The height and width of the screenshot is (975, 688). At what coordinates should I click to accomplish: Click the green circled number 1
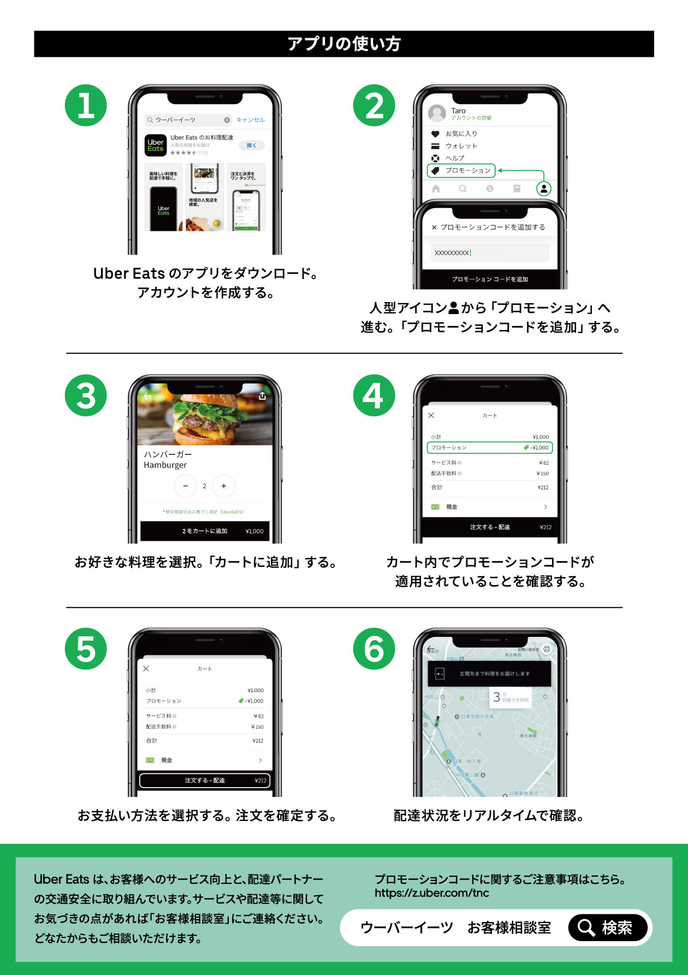(x=86, y=105)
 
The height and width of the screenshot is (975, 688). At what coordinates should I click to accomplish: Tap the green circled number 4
(x=374, y=395)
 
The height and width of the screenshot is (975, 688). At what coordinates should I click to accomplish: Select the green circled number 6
(x=374, y=649)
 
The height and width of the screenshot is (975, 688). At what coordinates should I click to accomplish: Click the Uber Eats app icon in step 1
(x=156, y=145)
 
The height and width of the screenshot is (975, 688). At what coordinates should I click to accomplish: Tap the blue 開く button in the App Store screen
(x=251, y=145)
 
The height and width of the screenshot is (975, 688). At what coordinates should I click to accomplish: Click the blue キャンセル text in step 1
(x=250, y=120)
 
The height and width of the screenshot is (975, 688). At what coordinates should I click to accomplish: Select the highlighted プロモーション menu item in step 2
(x=461, y=170)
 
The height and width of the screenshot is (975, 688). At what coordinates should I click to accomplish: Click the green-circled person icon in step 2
(x=543, y=189)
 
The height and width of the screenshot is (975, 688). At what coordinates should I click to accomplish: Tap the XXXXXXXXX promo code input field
(x=489, y=253)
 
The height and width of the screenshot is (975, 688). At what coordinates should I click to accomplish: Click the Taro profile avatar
(x=437, y=114)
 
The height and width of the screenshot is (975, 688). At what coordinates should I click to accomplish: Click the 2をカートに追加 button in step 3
(x=205, y=531)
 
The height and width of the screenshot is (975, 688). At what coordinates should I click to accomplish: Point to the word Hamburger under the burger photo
(x=165, y=465)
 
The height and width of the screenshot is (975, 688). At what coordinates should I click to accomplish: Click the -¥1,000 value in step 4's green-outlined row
(x=539, y=448)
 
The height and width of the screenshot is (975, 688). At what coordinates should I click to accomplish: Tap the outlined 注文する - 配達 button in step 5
(x=205, y=781)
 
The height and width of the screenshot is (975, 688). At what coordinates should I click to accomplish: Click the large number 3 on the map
(x=496, y=696)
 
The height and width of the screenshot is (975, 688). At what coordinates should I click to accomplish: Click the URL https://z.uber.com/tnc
(x=431, y=893)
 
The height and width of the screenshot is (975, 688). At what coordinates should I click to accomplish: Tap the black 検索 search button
(x=607, y=927)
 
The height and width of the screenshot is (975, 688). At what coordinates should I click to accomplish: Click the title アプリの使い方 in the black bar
(x=344, y=44)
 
